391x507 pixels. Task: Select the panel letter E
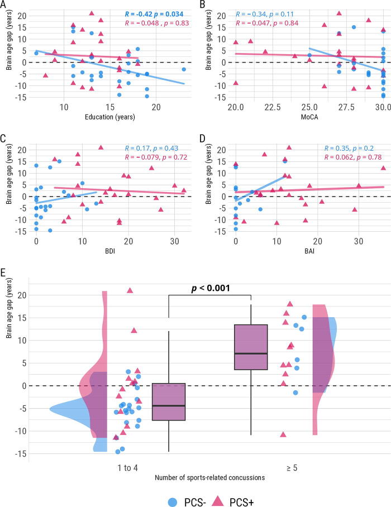coord(4,273)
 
